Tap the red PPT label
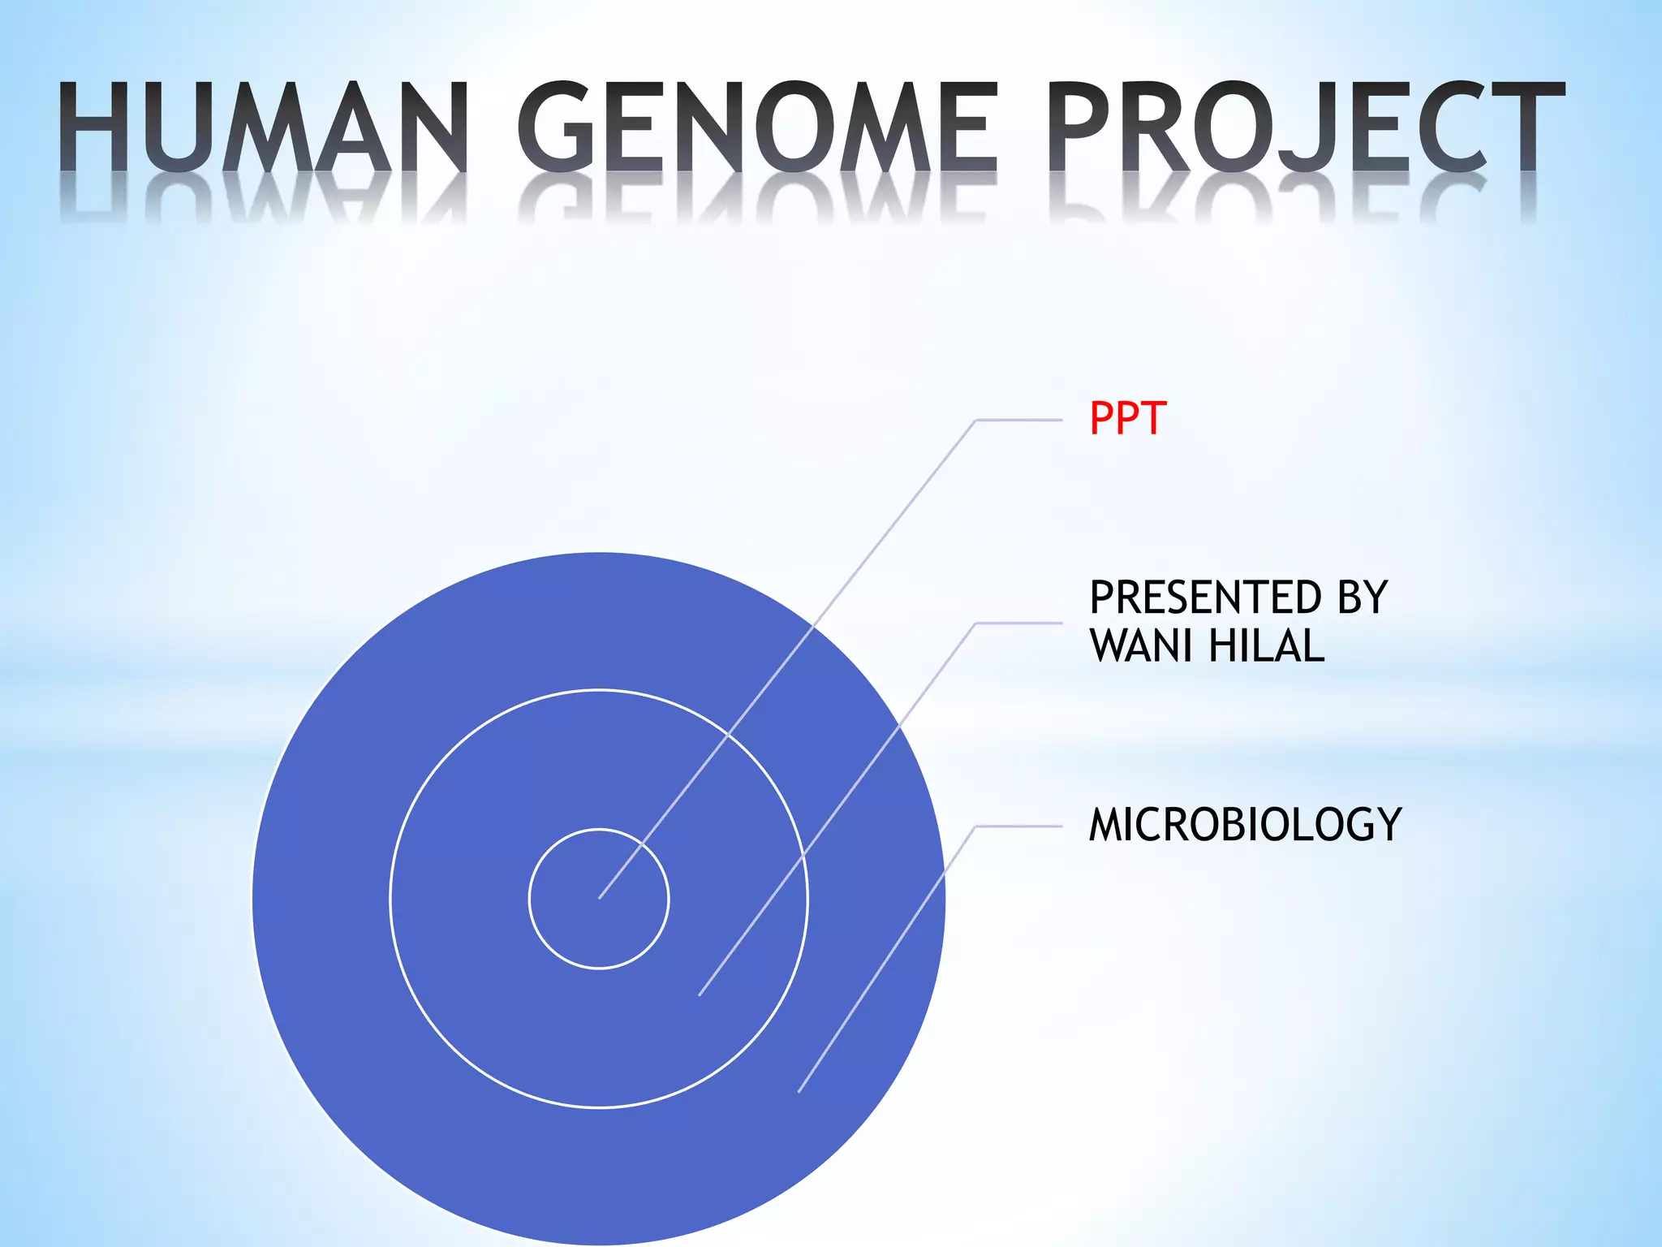1127,419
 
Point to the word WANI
1141,647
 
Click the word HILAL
1266,647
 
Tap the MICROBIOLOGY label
1245,825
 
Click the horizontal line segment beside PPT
1018,421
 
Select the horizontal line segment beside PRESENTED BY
1018,623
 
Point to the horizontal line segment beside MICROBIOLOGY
1018,826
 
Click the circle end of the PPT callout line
601,897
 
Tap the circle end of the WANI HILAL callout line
700,995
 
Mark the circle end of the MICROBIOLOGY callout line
799,1091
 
